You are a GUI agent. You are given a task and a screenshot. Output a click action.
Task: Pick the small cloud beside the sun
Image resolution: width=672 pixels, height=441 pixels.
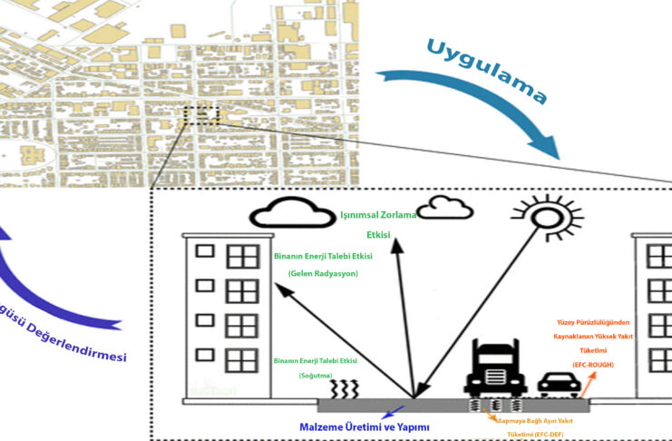pos(443,206)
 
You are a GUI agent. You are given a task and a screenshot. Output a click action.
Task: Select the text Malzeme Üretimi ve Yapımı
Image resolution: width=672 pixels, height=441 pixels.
pos(364,426)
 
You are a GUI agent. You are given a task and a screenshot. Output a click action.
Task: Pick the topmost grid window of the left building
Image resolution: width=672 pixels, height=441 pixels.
pos(242,258)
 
